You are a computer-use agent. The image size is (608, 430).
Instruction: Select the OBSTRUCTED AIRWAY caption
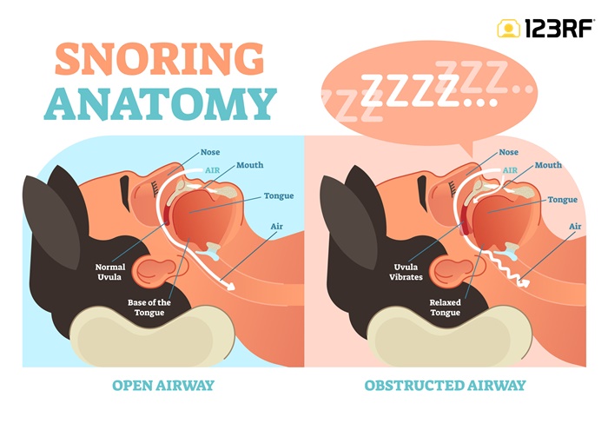click(445, 385)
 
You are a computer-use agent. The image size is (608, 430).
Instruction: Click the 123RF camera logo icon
click(508, 29)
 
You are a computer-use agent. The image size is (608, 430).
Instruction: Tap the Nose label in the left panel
click(210, 152)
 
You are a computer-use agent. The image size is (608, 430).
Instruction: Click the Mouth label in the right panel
click(547, 165)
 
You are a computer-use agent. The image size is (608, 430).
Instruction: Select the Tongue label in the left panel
click(279, 196)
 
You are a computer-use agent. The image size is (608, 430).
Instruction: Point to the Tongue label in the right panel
click(563, 200)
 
